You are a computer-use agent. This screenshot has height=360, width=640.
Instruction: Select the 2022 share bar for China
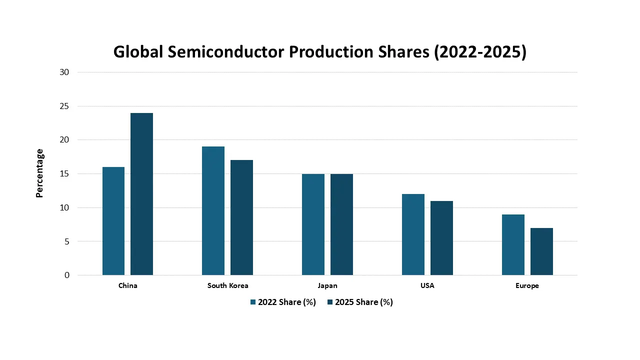pyautogui.click(x=113, y=221)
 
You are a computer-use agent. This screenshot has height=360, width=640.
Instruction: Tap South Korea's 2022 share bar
pyautogui.click(x=213, y=210)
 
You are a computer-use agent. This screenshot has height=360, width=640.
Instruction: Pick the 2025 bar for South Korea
pyautogui.click(x=241, y=217)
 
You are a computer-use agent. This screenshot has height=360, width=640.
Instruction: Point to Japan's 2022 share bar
pyautogui.click(x=313, y=224)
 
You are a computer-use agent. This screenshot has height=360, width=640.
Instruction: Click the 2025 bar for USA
pyautogui.click(x=441, y=238)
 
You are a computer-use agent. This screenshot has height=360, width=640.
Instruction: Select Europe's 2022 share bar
pyautogui.click(x=513, y=244)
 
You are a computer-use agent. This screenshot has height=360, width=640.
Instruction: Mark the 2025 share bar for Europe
pyautogui.click(x=541, y=251)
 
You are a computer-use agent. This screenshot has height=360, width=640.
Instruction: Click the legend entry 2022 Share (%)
pyautogui.click(x=283, y=302)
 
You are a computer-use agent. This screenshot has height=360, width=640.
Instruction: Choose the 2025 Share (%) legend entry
pyautogui.click(x=360, y=302)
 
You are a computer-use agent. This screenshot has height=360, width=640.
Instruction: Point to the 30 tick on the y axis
pyautogui.click(x=64, y=72)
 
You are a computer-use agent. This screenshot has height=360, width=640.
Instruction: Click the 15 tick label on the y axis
pyautogui.click(x=64, y=173)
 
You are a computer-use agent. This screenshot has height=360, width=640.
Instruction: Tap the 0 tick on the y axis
pyautogui.click(x=66, y=275)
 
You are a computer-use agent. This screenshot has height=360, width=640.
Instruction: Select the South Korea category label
pyautogui.click(x=227, y=286)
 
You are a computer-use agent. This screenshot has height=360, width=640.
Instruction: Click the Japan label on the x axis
pyautogui.click(x=327, y=286)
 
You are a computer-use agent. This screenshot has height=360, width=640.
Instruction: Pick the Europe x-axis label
pyautogui.click(x=527, y=286)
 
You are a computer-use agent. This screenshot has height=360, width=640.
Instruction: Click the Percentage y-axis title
pyautogui.click(x=40, y=173)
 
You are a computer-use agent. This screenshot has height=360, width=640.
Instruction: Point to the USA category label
pyautogui.click(x=427, y=286)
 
